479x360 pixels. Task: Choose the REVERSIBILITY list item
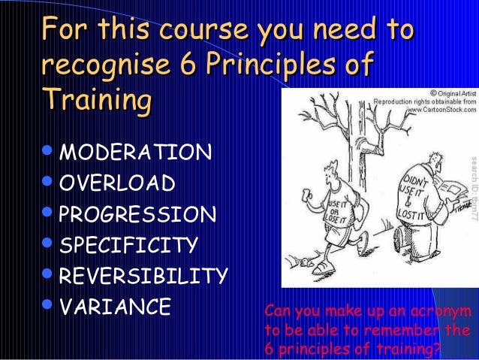click(143, 277)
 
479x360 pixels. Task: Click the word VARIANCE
click(115, 307)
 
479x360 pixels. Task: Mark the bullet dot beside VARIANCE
click(50, 307)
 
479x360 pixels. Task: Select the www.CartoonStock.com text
click(439, 109)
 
